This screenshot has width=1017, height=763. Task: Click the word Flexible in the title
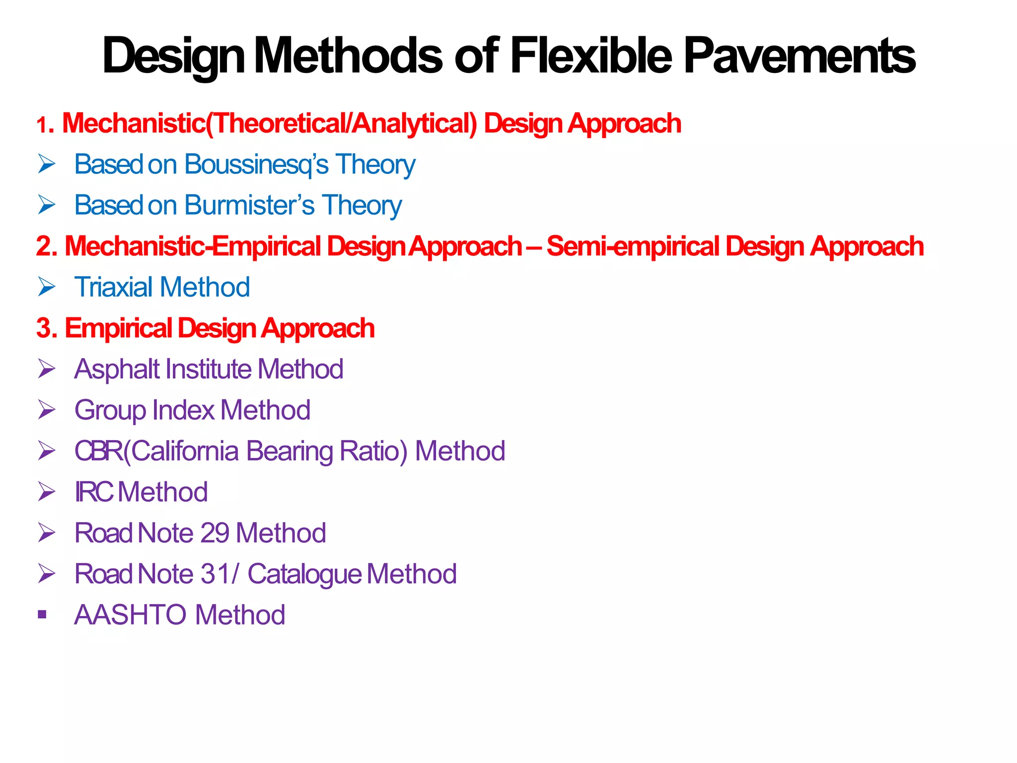point(591,56)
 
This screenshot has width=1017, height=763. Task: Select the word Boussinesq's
point(256,164)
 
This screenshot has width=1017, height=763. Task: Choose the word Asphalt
point(117,370)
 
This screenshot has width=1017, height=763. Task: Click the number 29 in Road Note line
point(215,533)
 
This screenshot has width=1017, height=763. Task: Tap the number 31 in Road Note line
point(215,574)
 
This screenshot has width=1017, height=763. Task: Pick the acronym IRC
point(94,492)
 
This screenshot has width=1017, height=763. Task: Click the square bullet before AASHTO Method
point(42,615)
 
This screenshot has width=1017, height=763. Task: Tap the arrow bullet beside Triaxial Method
point(47,287)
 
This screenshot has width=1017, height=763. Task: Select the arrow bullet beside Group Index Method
point(47,410)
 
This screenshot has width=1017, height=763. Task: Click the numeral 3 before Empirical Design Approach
point(44,328)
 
